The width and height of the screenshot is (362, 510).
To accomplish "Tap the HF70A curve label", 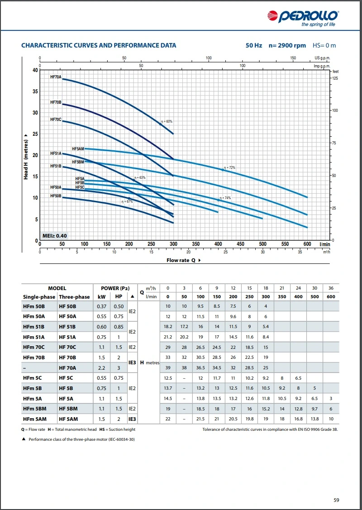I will (x=56, y=77).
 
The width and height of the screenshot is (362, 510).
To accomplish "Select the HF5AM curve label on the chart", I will (x=78, y=148).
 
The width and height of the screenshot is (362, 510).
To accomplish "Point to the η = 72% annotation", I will (x=230, y=168).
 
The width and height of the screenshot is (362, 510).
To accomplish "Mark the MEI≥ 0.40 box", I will (x=54, y=236).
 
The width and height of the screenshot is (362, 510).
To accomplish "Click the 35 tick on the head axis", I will (x=35, y=91).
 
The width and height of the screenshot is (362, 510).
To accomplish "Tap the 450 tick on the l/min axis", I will (x=240, y=244).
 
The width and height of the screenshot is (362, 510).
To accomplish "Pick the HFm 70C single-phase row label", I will (x=33, y=347).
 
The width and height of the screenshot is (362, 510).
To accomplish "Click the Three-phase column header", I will (x=74, y=297).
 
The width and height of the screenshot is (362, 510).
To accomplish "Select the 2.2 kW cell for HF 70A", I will (x=101, y=368).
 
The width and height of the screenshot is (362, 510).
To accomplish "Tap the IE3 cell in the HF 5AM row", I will (x=132, y=419).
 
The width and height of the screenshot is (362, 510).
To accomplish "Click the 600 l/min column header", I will (x=331, y=297).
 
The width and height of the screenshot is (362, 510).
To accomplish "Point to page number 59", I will (x=336, y=500).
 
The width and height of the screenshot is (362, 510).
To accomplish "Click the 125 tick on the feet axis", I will (x=335, y=78).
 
